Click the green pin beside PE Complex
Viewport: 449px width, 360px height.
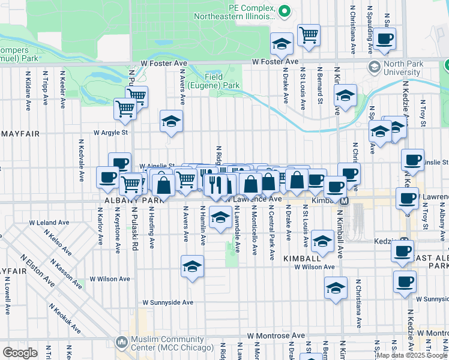pos(285,10)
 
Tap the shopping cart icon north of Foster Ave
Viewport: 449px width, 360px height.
pos(309,35)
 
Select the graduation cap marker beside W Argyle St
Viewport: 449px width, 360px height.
pos(171,121)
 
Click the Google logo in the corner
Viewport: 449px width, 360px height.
pos(20,353)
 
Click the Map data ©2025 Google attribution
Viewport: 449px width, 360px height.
pos(411,355)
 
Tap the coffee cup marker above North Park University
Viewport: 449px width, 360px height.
pos(385,40)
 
